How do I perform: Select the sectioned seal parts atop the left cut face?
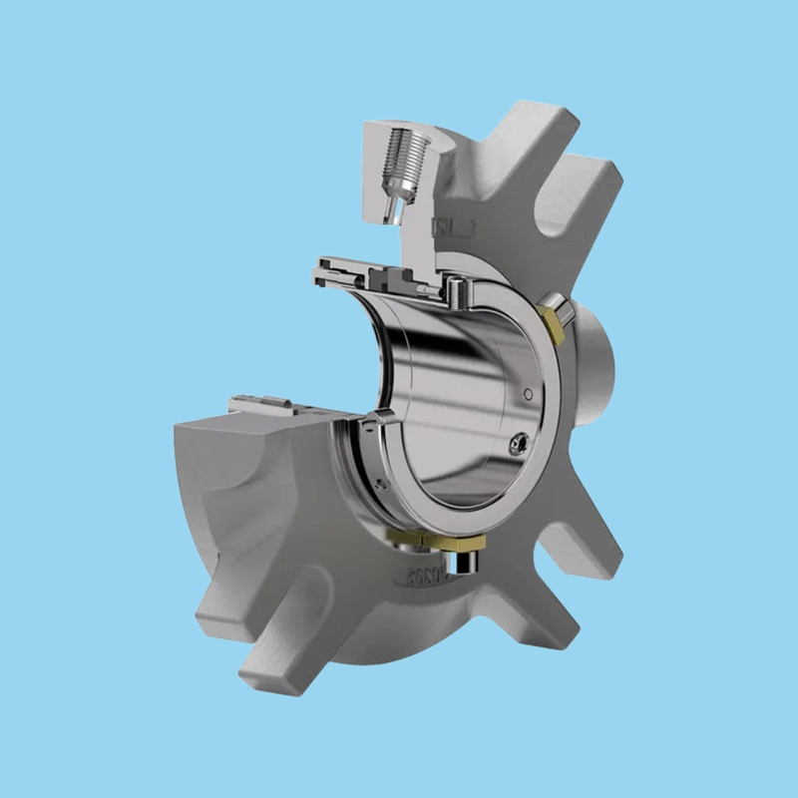[269, 407]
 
